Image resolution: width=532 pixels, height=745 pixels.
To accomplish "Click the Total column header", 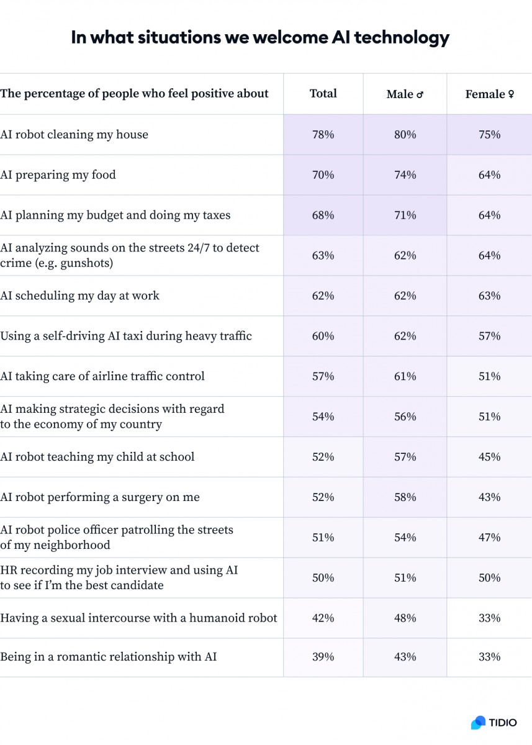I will click(x=323, y=94).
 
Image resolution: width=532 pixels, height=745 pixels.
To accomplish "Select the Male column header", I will click(x=405, y=94).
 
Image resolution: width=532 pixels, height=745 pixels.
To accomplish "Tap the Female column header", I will click(x=489, y=94).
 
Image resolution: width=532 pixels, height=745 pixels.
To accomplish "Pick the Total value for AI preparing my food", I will click(x=323, y=175).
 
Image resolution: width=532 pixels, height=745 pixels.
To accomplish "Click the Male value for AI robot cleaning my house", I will click(x=405, y=135).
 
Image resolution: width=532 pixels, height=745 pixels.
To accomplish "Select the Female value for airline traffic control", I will click(x=489, y=376).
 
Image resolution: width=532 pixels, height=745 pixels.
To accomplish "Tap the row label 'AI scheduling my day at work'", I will click(x=79, y=296).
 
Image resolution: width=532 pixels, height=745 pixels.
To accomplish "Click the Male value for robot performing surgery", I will click(x=405, y=497).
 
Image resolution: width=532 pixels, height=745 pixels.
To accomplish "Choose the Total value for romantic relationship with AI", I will click(x=323, y=657).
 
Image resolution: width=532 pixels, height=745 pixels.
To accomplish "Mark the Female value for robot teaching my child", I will click(x=489, y=457).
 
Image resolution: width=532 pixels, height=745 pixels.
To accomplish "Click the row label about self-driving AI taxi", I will click(x=126, y=336).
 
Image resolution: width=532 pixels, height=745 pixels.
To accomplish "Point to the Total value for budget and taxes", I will click(x=323, y=215).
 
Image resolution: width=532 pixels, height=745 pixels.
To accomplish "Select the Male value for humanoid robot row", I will click(x=405, y=618).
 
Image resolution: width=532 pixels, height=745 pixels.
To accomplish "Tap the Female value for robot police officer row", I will click(x=489, y=538).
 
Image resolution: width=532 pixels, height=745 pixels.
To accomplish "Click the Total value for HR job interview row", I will click(x=323, y=578).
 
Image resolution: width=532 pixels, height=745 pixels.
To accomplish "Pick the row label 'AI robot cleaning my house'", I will click(x=74, y=135).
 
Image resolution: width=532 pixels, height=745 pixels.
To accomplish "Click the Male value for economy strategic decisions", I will click(x=405, y=417).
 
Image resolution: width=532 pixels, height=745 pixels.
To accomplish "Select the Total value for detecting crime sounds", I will click(x=323, y=256).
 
